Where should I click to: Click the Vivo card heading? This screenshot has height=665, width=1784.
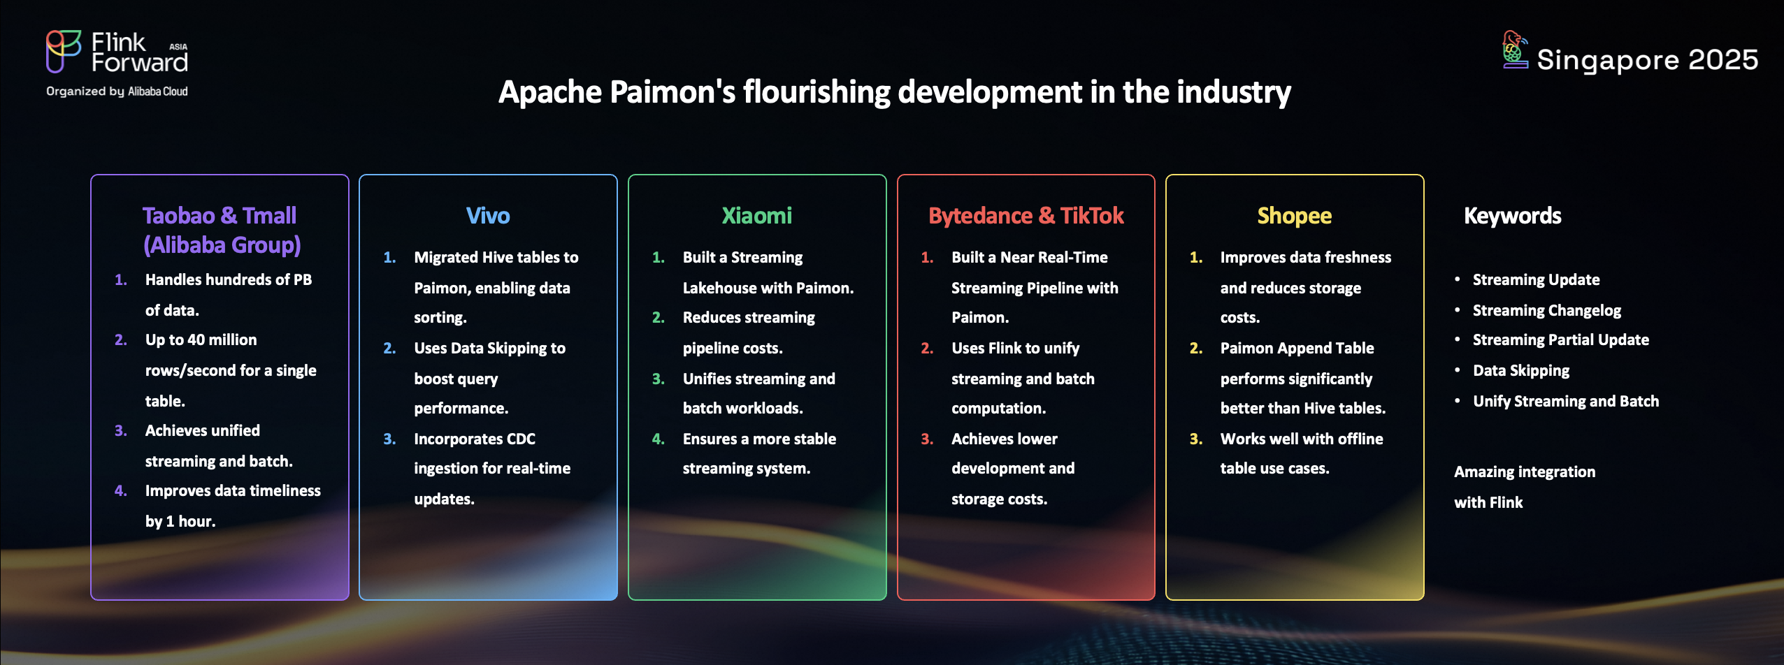click(488, 215)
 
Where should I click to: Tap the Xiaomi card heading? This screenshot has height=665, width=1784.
click(756, 215)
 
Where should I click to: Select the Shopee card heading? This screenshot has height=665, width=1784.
click(1294, 216)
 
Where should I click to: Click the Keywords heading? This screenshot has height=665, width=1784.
click(1512, 216)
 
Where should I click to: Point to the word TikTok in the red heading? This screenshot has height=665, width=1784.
click(1092, 216)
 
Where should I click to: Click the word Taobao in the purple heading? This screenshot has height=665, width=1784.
click(178, 215)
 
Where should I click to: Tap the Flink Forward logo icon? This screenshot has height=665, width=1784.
click(64, 51)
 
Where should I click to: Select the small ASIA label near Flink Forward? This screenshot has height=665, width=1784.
click(178, 47)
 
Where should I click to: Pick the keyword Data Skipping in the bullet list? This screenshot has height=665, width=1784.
click(1521, 371)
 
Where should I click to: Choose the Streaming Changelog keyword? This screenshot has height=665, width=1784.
click(1547, 310)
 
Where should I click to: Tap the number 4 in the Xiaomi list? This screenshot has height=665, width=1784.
click(657, 439)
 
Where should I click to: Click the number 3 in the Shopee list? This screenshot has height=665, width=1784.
click(1195, 439)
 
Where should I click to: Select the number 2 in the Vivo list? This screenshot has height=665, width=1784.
click(389, 348)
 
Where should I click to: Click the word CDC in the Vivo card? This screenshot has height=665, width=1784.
click(521, 439)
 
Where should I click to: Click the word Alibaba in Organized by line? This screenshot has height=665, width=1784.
click(144, 92)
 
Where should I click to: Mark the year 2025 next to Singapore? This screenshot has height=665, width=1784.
click(1723, 60)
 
